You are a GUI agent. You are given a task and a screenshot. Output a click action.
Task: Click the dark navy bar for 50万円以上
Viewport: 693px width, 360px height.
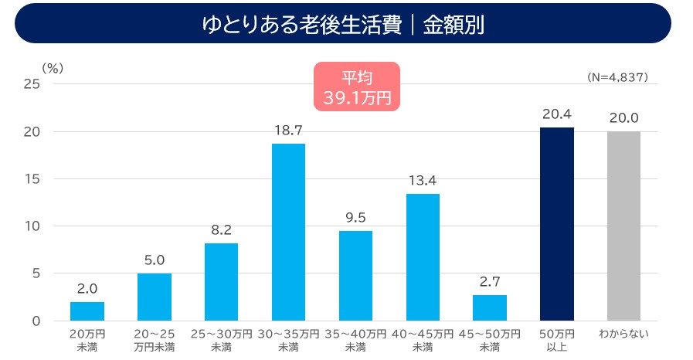[556, 224]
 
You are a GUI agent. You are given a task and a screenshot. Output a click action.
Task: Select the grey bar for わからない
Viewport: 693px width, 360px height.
[623, 226]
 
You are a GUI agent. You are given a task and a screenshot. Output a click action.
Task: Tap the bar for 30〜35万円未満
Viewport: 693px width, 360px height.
[288, 232]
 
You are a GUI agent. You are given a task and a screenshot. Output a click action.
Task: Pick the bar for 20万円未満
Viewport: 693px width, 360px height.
[87, 311]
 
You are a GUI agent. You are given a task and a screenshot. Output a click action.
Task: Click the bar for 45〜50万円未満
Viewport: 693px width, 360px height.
[490, 307]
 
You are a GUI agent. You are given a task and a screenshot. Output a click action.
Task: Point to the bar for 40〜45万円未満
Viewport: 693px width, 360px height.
[423, 256]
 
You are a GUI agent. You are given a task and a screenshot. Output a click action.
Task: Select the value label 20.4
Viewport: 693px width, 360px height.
[556, 115]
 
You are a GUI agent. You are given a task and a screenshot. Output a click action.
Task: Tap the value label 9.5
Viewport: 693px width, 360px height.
[355, 218]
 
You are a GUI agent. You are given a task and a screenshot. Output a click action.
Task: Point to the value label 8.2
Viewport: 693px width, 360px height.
[221, 230]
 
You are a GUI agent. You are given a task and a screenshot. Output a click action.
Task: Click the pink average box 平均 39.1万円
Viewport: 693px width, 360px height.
[356, 87]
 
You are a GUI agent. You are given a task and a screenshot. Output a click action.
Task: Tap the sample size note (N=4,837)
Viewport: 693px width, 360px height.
[617, 77]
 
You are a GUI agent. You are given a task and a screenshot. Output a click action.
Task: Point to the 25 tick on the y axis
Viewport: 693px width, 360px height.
[31, 84]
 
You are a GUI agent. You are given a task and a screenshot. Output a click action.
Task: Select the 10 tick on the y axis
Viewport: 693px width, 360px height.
[31, 226]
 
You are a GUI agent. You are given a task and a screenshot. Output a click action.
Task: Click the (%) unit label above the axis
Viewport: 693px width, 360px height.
[53, 68]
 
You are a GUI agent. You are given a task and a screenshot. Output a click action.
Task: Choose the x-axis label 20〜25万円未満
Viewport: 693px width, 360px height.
[155, 340]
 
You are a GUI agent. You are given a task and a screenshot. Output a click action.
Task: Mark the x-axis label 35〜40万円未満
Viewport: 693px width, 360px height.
[355, 340]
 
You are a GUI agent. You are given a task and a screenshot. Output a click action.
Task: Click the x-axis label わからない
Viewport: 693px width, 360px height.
[623, 334]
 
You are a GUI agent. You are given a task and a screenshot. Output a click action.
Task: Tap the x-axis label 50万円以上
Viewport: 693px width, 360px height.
[556, 340]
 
